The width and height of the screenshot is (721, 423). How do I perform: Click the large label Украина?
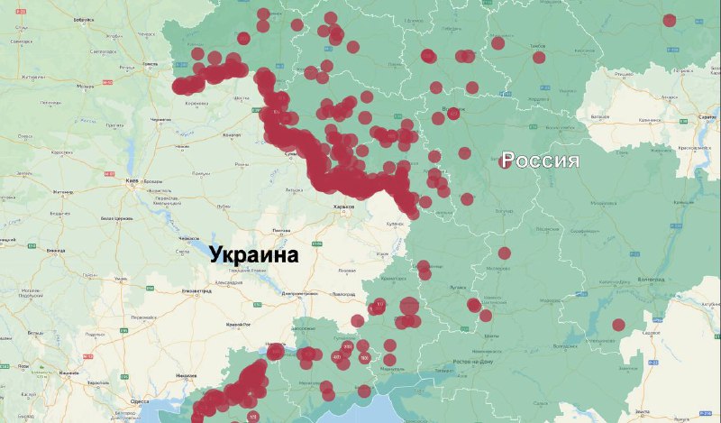(254, 255)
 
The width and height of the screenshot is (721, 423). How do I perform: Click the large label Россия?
(540, 161)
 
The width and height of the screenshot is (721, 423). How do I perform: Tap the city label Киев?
(132, 181)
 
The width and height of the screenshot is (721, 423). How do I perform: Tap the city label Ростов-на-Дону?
(475, 361)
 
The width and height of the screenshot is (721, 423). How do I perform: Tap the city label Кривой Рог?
(238, 324)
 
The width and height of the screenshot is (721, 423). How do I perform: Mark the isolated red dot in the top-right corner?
(669, 20)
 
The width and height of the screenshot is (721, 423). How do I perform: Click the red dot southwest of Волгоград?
(618, 325)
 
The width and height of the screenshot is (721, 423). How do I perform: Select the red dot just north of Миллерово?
(505, 253)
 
